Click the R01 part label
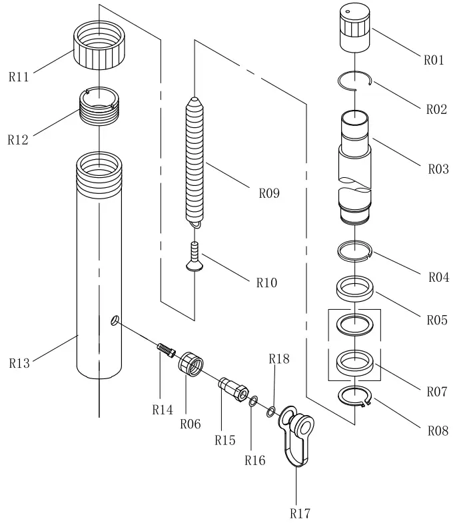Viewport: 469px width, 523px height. click(434, 60)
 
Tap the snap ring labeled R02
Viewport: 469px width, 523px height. click(355, 80)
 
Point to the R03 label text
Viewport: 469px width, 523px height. click(438, 169)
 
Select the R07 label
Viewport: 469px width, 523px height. click(437, 391)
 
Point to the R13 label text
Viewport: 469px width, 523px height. click(19, 363)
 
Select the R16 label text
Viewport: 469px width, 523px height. click(254, 460)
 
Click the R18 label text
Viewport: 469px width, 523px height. click(279, 358)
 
